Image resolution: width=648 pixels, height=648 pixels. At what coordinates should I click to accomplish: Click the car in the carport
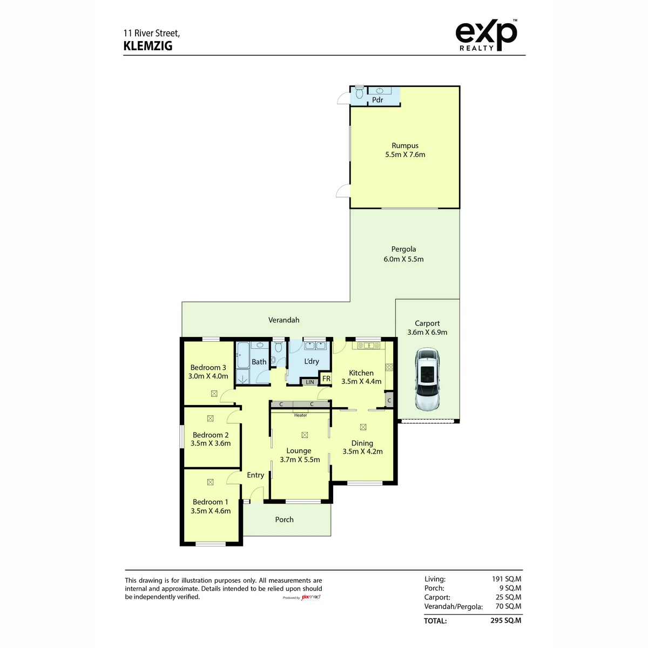427,379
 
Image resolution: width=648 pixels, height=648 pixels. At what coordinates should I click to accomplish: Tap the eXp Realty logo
486,35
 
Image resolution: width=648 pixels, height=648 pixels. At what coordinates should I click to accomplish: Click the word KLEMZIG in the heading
147,46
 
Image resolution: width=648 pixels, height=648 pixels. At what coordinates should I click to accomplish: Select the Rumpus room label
405,146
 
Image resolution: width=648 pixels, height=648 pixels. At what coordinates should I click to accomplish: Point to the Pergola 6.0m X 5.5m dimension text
403,259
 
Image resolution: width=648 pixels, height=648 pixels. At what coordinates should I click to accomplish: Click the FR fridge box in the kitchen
326,379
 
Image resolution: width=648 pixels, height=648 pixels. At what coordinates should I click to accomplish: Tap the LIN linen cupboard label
310,382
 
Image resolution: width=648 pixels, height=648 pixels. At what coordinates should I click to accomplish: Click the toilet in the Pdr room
359,92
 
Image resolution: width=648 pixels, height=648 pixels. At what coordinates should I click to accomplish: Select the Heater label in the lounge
300,415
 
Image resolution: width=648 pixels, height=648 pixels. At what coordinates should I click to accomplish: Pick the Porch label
284,519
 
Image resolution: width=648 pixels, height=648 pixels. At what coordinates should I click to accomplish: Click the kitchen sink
368,346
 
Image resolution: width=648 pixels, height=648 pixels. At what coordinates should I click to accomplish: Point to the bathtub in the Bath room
242,355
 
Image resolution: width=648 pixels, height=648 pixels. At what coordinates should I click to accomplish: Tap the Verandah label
283,320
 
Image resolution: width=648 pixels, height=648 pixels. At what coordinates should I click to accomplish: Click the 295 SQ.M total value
505,620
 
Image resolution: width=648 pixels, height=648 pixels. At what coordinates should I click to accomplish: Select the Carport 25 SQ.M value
508,597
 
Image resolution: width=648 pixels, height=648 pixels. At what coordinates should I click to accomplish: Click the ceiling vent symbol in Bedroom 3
214,394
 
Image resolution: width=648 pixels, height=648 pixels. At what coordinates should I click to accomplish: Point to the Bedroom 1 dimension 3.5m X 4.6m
211,511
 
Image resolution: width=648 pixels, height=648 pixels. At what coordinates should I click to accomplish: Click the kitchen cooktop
389,367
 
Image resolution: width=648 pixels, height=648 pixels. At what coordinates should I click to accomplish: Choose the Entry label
255,475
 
